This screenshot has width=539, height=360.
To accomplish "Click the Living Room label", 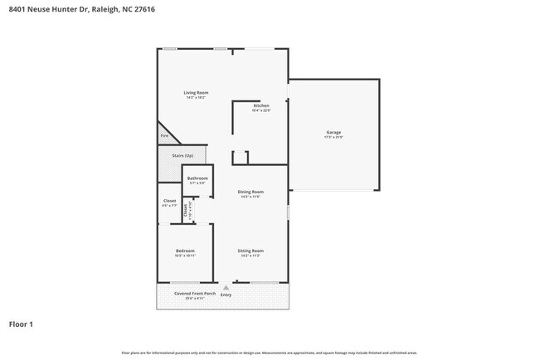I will click(x=197, y=92).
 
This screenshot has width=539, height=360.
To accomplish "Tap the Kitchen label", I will click(x=261, y=105).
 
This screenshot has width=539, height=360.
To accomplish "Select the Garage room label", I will click(x=333, y=133).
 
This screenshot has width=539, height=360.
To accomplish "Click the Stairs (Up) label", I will click(x=182, y=155).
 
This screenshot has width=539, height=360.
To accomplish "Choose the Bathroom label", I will click(x=197, y=178).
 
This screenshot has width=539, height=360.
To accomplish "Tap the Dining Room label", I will click(x=250, y=192).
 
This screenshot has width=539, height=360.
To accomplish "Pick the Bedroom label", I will click(x=185, y=251).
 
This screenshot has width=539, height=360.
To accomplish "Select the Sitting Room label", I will click(x=250, y=251).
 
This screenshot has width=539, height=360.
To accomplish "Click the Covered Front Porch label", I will click(x=192, y=294).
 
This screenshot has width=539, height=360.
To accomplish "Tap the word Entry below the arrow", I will click(x=226, y=294).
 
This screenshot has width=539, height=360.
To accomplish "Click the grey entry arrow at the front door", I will click(x=226, y=288).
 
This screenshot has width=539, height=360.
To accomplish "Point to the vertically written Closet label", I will click(x=186, y=211).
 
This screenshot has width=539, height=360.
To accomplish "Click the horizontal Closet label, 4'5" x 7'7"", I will click(x=169, y=200).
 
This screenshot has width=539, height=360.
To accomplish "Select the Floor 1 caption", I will click(x=22, y=324).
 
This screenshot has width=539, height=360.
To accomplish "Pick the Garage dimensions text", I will click(x=333, y=138).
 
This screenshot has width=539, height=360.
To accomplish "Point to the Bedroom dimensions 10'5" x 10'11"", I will click(x=184, y=255).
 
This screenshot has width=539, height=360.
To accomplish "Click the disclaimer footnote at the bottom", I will click(x=269, y=353).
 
